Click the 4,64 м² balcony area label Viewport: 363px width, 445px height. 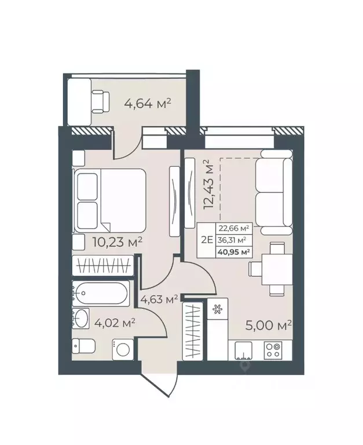148,104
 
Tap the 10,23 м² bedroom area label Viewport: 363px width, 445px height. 118,242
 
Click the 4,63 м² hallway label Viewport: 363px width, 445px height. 159,300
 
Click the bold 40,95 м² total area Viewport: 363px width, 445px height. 233,251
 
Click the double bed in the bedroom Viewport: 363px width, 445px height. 109,200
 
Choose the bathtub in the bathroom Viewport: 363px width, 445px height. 101,294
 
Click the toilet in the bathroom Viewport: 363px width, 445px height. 84,346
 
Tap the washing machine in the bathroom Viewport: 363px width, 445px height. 123,349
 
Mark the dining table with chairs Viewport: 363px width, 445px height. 272,268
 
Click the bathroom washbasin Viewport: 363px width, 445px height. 81,318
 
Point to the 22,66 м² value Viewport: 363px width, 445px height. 233,228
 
